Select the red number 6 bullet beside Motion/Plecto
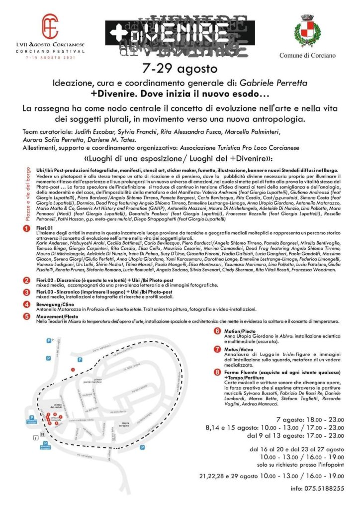tap(217, 331)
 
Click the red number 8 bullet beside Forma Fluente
tap(217, 372)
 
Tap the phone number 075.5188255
tap(324, 489)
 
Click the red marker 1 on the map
tap(73, 369)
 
